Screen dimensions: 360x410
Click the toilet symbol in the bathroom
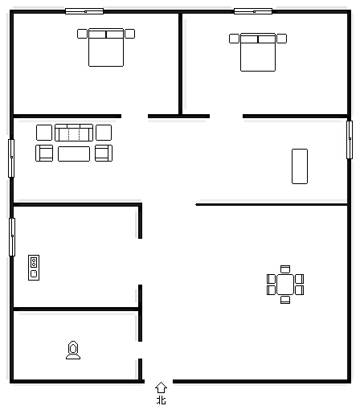tap(73, 350)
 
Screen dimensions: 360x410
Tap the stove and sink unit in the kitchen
tap(34, 268)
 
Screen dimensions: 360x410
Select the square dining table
tap(285, 285)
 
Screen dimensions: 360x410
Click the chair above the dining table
tap(285, 269)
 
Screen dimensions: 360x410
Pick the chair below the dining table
tap(285, 300)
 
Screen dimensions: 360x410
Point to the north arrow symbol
tap(161, 387)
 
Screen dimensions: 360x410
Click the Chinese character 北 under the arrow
tap(162, 400)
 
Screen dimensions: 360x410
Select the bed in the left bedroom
tap(106, 47)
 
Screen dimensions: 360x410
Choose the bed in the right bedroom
tap(258, 52)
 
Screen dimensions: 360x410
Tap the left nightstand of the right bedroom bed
tap(234, 39)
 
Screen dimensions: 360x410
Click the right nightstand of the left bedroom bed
tap(130, 34)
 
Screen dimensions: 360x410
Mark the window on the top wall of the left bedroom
tap(84, 11)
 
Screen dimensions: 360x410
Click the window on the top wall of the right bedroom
tap(253, 11)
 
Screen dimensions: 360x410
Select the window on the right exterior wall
tap(350, 140)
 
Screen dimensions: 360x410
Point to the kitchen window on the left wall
tap(12, 237)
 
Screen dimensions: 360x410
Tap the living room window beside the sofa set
tap(11, 158)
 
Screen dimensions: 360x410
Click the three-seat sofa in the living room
tap(74, 133)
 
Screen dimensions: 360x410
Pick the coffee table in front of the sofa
tap(74, 154)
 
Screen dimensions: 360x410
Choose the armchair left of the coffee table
tap(44, 153)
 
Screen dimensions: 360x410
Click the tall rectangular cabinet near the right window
tap(300, 166)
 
